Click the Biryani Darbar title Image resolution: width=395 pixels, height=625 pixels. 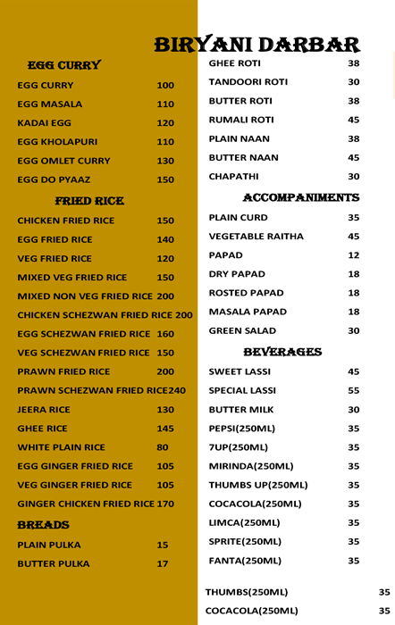pyautogui.click(x=256, y=45)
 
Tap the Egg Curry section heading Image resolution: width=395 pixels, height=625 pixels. pyautogui.click(x=64, y=65)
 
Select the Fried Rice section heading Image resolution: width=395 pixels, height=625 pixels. pyautogui.click(x=89, y=201)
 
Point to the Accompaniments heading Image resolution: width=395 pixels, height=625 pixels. pyautogui.click(x=300, y=197)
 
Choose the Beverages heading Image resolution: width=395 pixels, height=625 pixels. pyautogui.click(x=282, y=352)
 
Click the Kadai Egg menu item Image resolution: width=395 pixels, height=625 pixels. pyautogui.click(x=44, y=123)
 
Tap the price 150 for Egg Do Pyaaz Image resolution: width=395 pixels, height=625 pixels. pyautogui.click(x=165, y=180)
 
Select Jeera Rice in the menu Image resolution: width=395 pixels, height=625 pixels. pyautogui.click(x=44, y=410)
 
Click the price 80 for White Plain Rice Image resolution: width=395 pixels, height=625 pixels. pyautogui.click(x=163, y=448)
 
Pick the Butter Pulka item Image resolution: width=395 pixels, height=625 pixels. pyautogui.click(x=54, y=564)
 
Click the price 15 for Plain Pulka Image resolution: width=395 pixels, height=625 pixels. pyautogui.click(x=163, y=545)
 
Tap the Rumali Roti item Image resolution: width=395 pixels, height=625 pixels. pyautogui.click(x=241, y=120)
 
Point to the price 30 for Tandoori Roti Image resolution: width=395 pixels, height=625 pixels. pyautogui.click(x=353, y=82)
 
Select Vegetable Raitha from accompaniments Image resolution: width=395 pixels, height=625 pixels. pyautogui.click(x=256, y=237)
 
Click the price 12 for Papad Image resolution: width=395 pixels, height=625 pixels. pyautogui.click(x=353, y=255)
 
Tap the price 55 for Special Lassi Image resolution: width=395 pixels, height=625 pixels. pyautogui.click(x=353, y=391)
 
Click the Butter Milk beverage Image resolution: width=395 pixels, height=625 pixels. pyautogui.click(x=240, y=410)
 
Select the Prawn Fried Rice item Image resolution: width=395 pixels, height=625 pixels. pyautogui.click(x=63, y=371)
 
